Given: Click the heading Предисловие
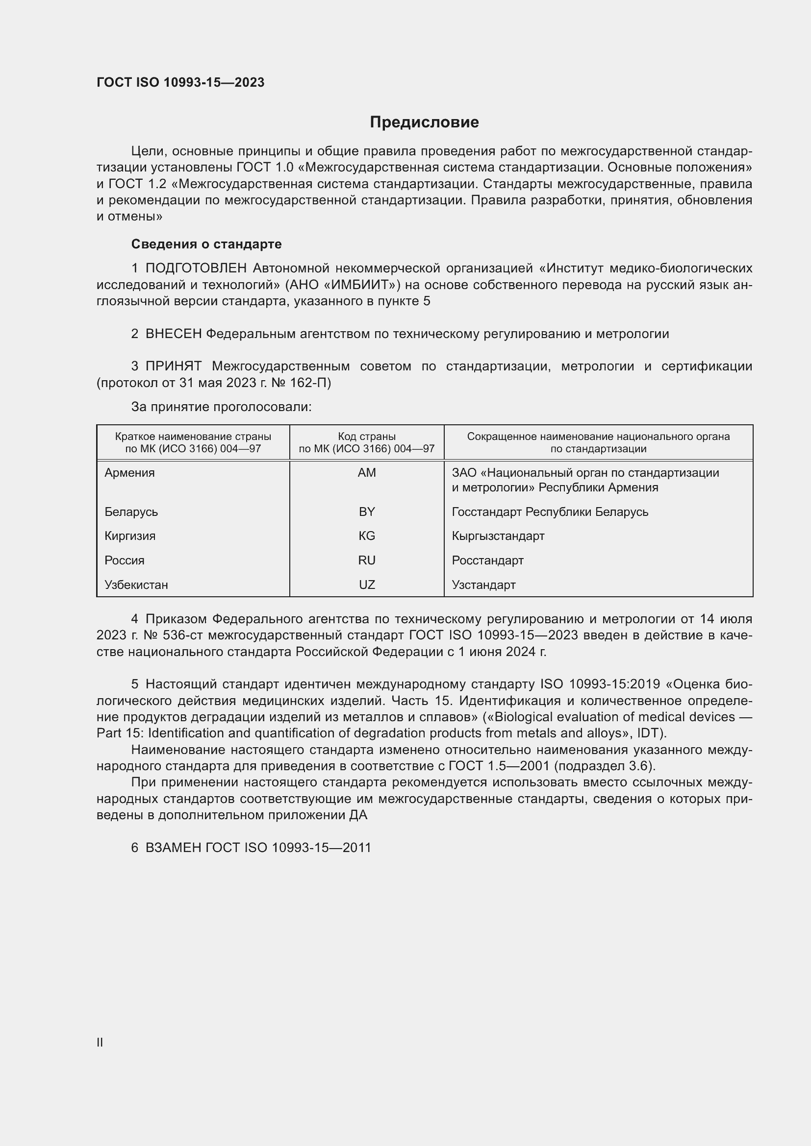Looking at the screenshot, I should (424, 122).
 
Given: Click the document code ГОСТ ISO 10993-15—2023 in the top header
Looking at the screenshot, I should (180, 82).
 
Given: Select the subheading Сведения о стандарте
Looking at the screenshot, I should (206, 244).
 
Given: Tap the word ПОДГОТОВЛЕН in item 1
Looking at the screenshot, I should (196, 268).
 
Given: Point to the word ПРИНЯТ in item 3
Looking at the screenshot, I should (173, 366).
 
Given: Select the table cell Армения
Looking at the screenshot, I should (129, 473).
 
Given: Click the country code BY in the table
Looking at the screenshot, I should (367, 512).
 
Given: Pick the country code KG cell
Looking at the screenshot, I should (367, 536).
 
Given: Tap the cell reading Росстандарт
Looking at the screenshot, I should (487, 561).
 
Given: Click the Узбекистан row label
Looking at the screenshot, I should (136, 585).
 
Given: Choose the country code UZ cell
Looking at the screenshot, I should (367, 585).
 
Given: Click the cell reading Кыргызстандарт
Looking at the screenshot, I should (498, 536).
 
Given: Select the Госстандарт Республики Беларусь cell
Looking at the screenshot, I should (550, 512).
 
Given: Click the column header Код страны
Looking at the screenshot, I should (367, 437).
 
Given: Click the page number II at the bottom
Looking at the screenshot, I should (100, 1042).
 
